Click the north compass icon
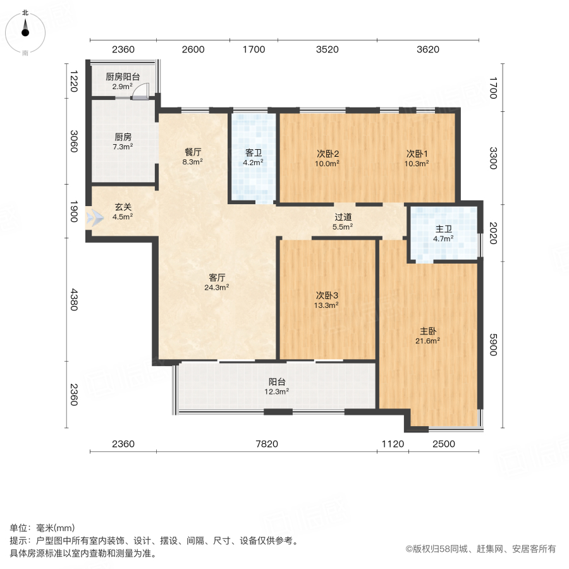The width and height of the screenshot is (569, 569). (x=25, y=31)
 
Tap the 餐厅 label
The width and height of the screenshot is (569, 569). (x=193, y=152)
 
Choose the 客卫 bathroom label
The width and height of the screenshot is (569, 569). (x=254, y=152)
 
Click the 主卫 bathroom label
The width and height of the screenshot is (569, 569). (x=443, y=229)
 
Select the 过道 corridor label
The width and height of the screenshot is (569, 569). (x=343, y=217)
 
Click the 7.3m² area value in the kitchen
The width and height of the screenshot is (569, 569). (x=123, y=147)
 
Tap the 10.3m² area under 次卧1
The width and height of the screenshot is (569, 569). (x=417, y=163)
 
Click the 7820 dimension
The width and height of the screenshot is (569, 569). (x=267, y=444)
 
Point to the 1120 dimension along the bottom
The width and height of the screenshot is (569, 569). (x=393, y=444)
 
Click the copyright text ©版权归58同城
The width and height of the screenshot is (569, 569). (x=480, y=549)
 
